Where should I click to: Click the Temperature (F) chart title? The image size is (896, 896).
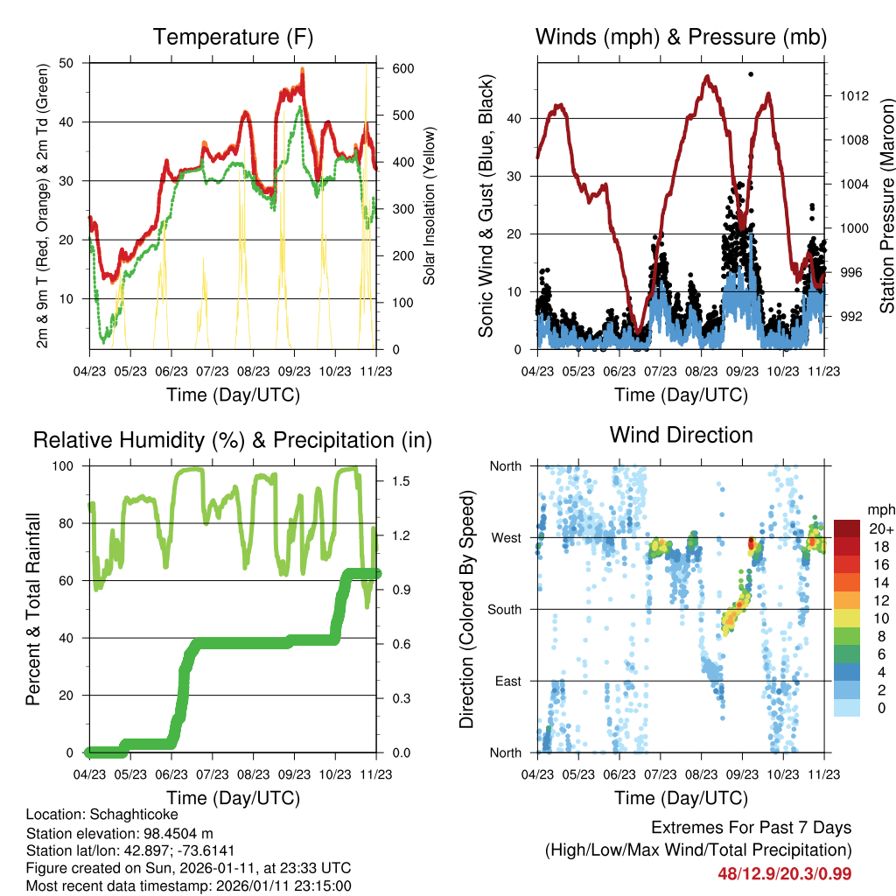(x=233, y=37)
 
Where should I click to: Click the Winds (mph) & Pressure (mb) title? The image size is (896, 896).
(x=681, y=37)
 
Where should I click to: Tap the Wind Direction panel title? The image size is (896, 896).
(x=681, y=435)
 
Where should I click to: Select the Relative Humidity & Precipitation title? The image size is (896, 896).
(x=233, y=440)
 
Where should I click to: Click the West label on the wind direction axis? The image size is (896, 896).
(x=506, y=537)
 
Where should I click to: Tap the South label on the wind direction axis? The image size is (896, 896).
(x=504, y=609)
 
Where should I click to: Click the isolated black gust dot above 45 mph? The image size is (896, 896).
(x=751, y=74)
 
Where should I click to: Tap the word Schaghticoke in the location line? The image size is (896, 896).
(x=119, y=814)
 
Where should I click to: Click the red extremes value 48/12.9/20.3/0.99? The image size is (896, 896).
(x=785, y=873)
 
